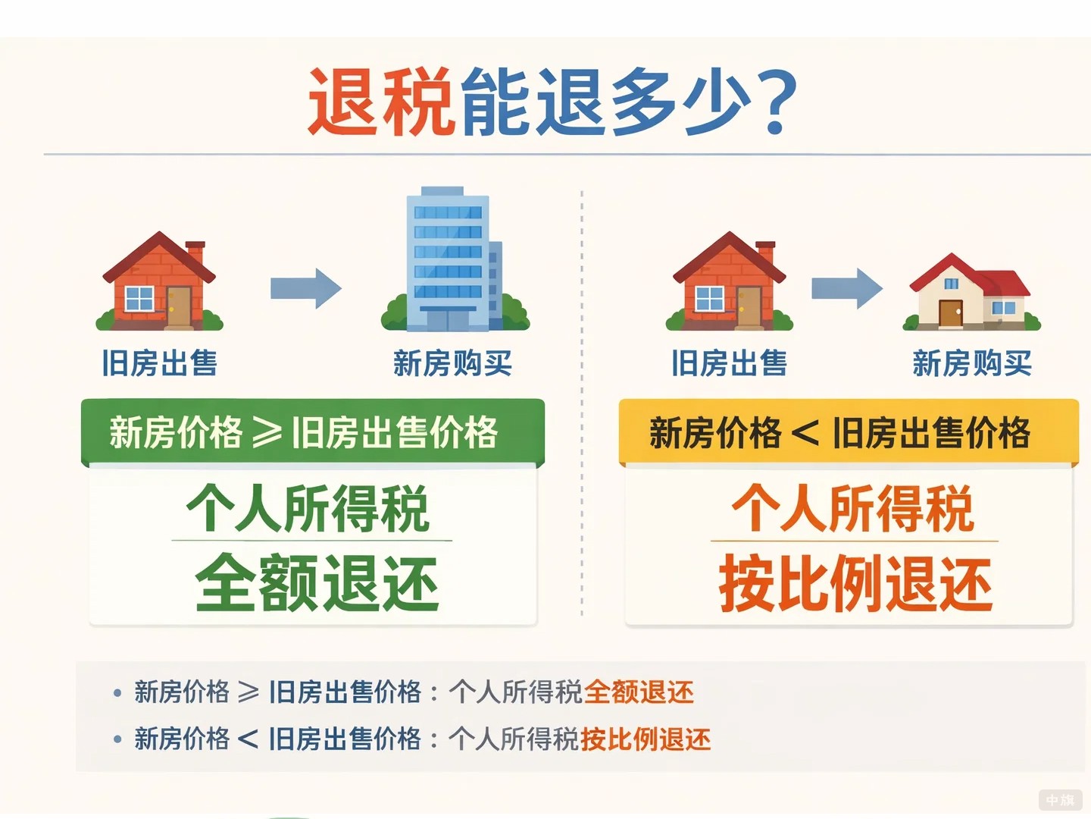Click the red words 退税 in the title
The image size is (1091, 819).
pyautogui.click(x=380, y=102)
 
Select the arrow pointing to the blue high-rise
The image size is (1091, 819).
pyautogui.click(x=306, y=288)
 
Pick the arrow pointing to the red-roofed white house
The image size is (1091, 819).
pyautogui.click(x=847, y=288)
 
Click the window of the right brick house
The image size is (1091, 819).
pyautogui.click(x=709, y=299)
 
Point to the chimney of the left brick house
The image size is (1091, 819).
pyautogui.click(x=195, y=252)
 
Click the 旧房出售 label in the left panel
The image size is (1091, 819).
pyautogui.click(x=160, y=363)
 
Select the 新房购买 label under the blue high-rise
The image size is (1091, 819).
pyautogui.click(x=452, y=363)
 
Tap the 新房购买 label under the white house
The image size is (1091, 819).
pyautogui.click(x=972, y=363)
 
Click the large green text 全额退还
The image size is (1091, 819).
pyautogui.click(x=317, y=582)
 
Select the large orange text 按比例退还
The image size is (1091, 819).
pyautogui.click(x=855, y=582)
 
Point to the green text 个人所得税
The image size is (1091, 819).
pyautogui.click(x=308, y=509)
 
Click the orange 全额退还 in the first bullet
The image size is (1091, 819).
pyautogui.click(x=639, y=692)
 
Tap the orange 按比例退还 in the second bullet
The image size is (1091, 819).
pyautogui.click(x=646, y=739)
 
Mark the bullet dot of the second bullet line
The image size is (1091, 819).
pyautogui.click(x=117, y=739)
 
